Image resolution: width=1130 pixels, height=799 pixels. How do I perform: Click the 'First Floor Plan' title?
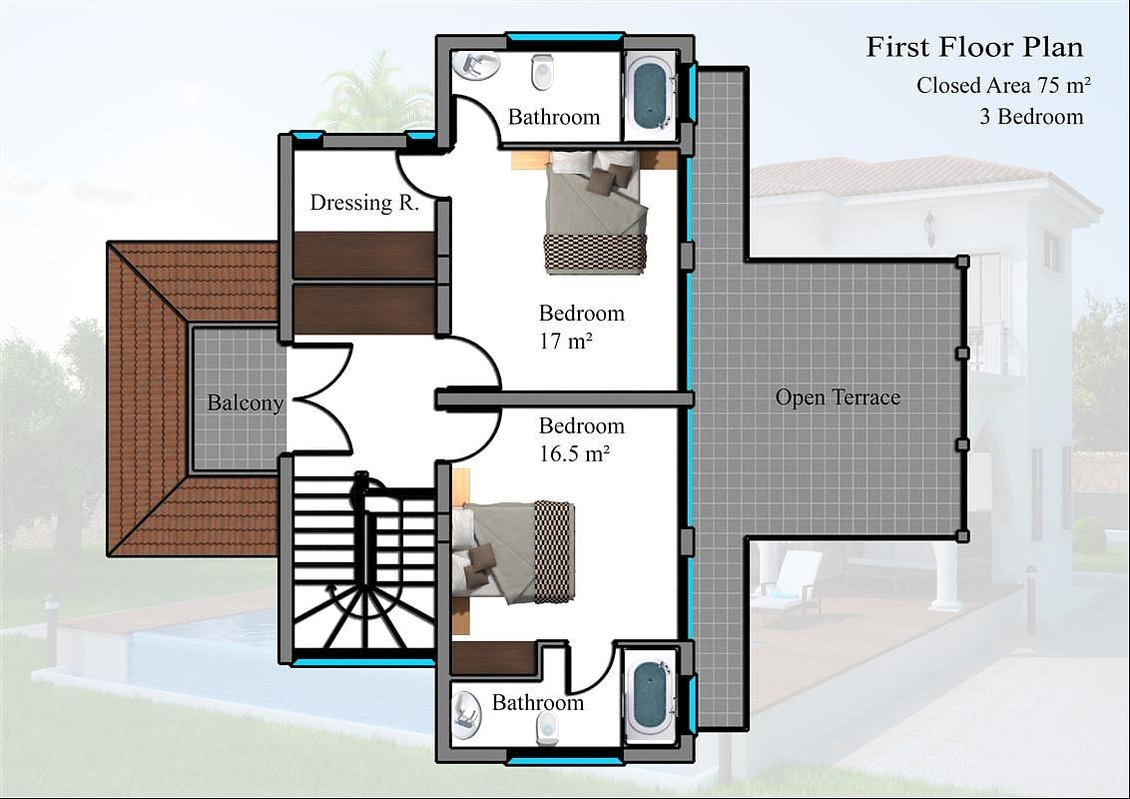point(974,47)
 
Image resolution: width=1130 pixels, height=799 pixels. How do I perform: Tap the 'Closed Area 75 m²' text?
point(1003,85)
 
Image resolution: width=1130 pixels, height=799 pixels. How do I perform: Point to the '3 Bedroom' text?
point(1031,116)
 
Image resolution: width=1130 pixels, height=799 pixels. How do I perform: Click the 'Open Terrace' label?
point(838,398)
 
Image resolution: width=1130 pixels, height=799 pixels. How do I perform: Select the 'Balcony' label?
point(245,402)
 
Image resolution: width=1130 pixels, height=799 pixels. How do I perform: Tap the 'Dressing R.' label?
point(364,203)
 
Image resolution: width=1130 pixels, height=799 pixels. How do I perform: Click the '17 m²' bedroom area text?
point(566,341)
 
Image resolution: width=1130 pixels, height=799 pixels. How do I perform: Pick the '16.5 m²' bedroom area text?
point(574,453)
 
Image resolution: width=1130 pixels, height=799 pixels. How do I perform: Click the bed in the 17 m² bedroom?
point(595,212)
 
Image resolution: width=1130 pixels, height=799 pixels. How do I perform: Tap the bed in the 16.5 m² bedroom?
point(513,552)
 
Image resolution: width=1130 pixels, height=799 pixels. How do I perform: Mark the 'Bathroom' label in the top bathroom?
point(553,117)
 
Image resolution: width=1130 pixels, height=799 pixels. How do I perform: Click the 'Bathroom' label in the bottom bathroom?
point(538,702)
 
